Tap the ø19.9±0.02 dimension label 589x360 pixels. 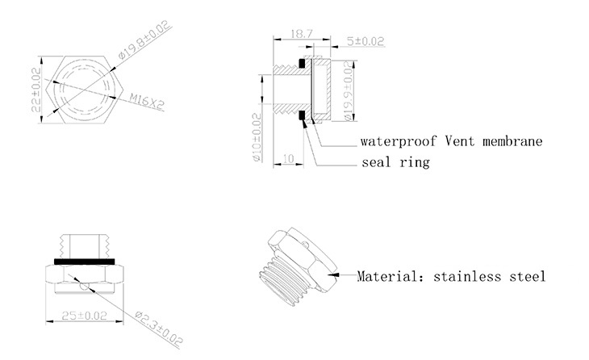click(x=349, y=94)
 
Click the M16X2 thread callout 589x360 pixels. click(x=145, y=103)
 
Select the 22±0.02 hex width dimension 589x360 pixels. click(x=36, y=90)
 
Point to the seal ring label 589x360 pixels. click(x=395, y=162)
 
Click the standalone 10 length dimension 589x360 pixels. click(x=287, y=160)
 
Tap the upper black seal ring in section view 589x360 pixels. click(x=303, y=64)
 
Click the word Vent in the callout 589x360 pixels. click(x=462, y=141)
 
